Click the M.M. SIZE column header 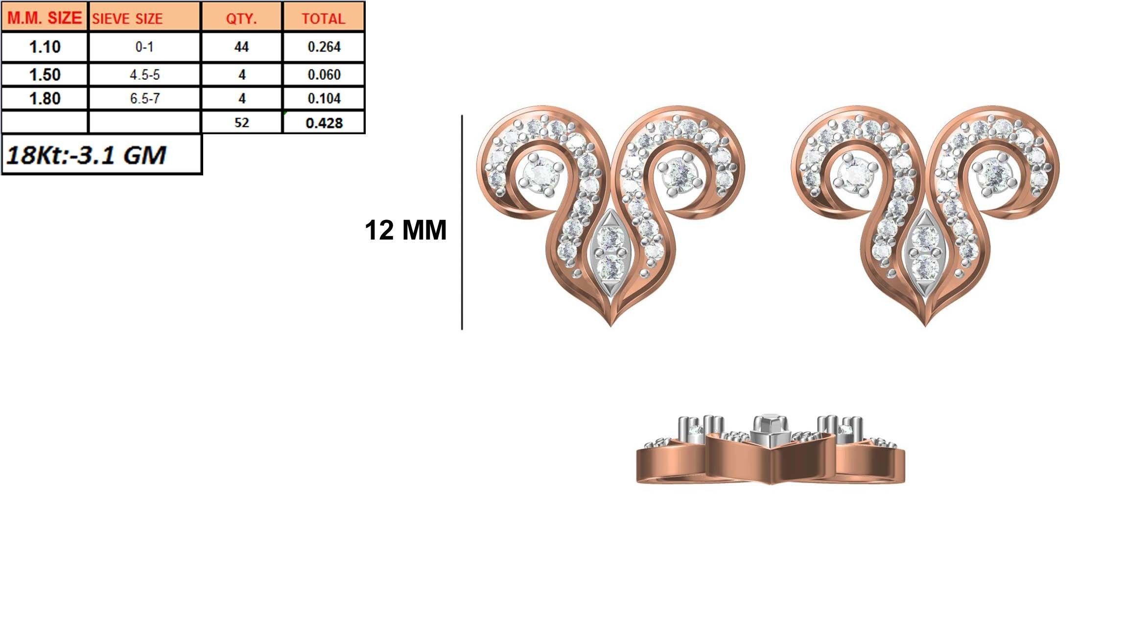tap(45, 18)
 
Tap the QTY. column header tap(241, 19)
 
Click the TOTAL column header tap(324, 19)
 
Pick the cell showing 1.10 tap(45, 47)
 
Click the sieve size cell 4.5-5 tap(144, 75)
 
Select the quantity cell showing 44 tap(241, 47)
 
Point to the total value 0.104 tap(324, 98)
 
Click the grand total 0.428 tap(324, 122)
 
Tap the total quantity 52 tap(241, 122)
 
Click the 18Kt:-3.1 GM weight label tap(86, 155)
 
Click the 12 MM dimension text tap(405, 230)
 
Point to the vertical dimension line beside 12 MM tap(462, 223)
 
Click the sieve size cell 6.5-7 tap(144, 98)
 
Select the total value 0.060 tap(324, 75)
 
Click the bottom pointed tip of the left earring tap(610, 324)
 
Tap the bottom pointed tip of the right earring tap(925, 324)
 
